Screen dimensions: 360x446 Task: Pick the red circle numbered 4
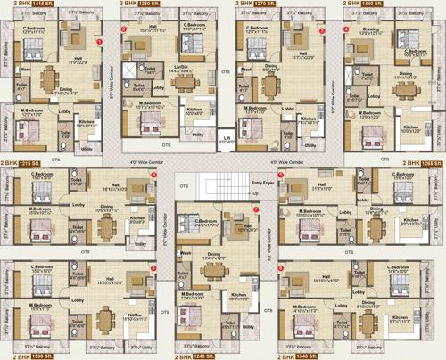346,29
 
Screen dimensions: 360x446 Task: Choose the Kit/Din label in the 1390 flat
136,315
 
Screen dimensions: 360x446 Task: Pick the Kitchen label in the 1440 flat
410,127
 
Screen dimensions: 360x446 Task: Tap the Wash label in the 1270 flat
246,69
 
